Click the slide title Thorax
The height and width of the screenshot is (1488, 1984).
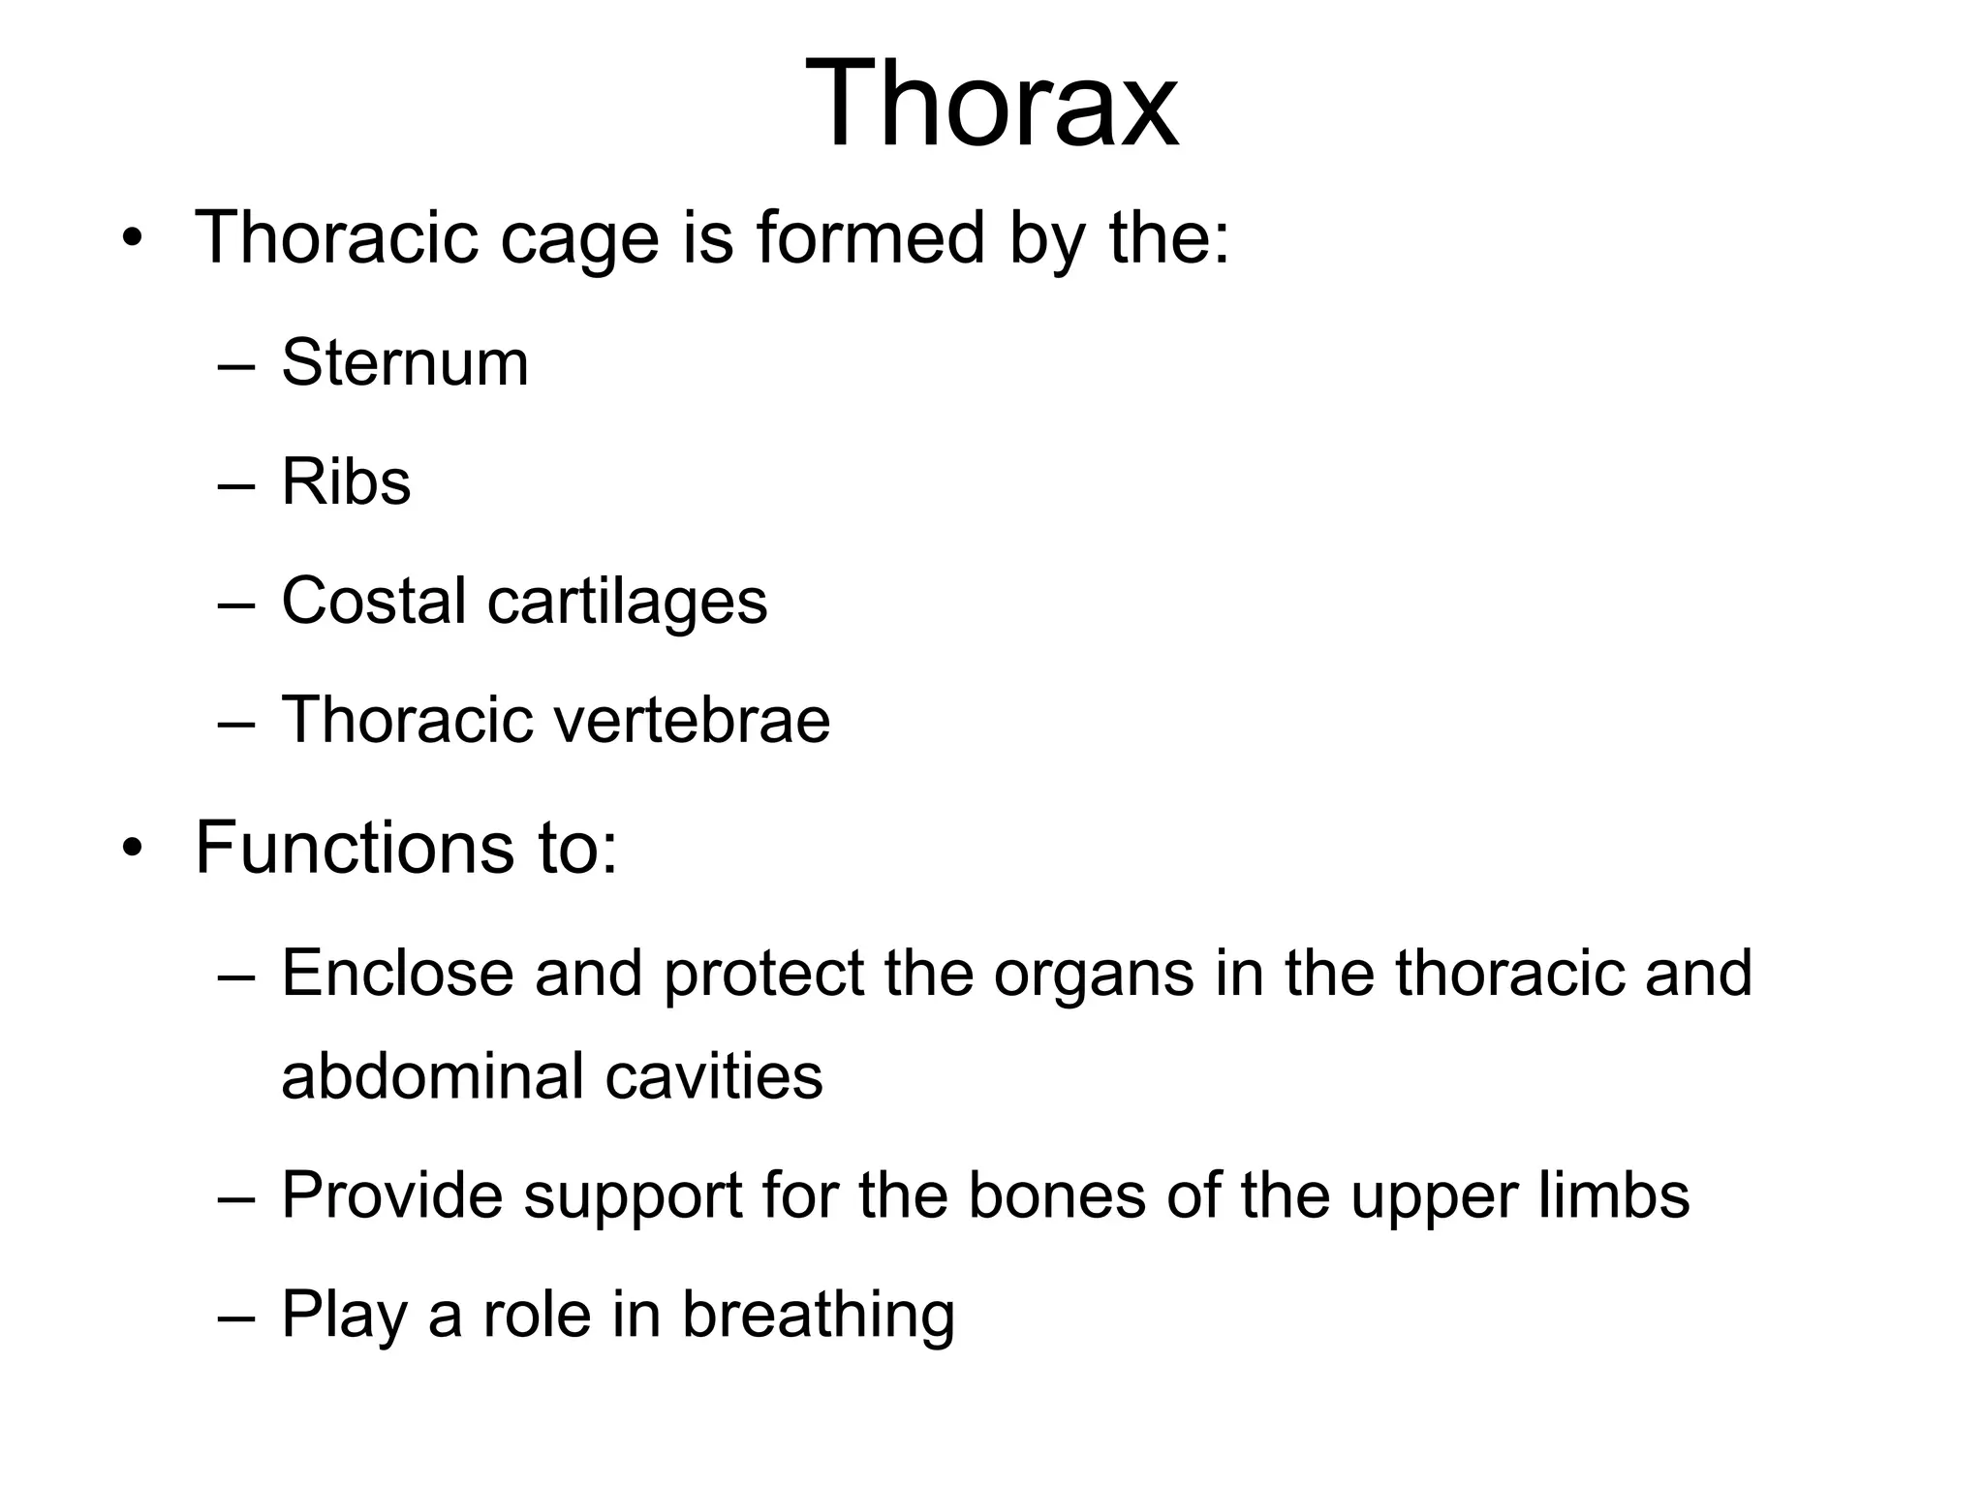991,104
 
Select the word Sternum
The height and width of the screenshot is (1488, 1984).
405,363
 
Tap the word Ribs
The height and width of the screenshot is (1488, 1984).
346,481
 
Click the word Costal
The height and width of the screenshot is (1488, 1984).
374,601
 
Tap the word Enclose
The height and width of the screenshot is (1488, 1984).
397,973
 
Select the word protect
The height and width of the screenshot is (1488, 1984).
763,975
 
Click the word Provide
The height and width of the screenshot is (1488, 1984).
391,1195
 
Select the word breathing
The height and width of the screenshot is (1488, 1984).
818,1316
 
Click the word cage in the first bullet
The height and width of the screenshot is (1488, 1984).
579,239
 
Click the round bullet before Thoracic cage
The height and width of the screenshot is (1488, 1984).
132,238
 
